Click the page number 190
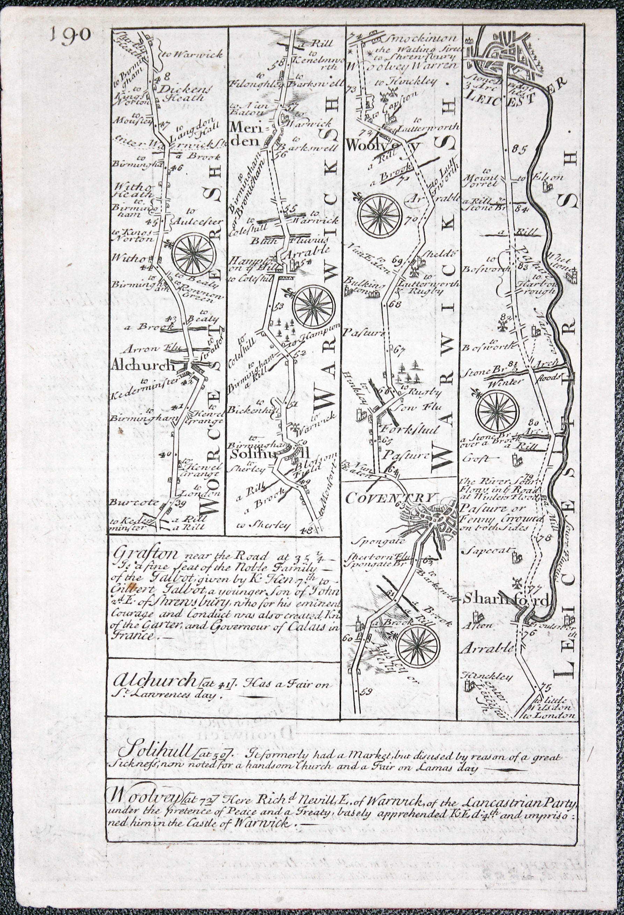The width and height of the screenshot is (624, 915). coord(71,35)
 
